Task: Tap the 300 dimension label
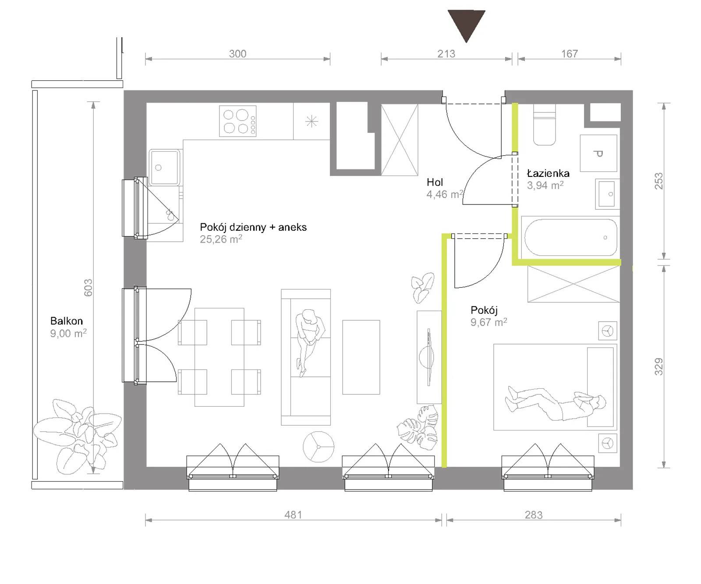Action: pos(237,54)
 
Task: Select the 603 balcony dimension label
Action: pos(88,288)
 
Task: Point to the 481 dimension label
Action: pos(293,515)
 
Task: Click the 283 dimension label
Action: pos(534,515)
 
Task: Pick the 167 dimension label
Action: pos(570,54)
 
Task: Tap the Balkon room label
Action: pos(67,321)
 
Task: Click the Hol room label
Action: pos(435,182)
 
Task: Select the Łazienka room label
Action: pos(548,173)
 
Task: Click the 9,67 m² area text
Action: pos(489,322)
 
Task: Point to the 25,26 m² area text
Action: pos(221,239)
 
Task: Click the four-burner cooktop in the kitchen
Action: pos(238,122)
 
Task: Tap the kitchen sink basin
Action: pos(164,167)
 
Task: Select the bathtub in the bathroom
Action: pos(570,237)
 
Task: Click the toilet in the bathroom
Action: pos(545,125)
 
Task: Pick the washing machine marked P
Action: pos(598,153)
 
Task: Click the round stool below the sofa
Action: pos(319,447)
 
